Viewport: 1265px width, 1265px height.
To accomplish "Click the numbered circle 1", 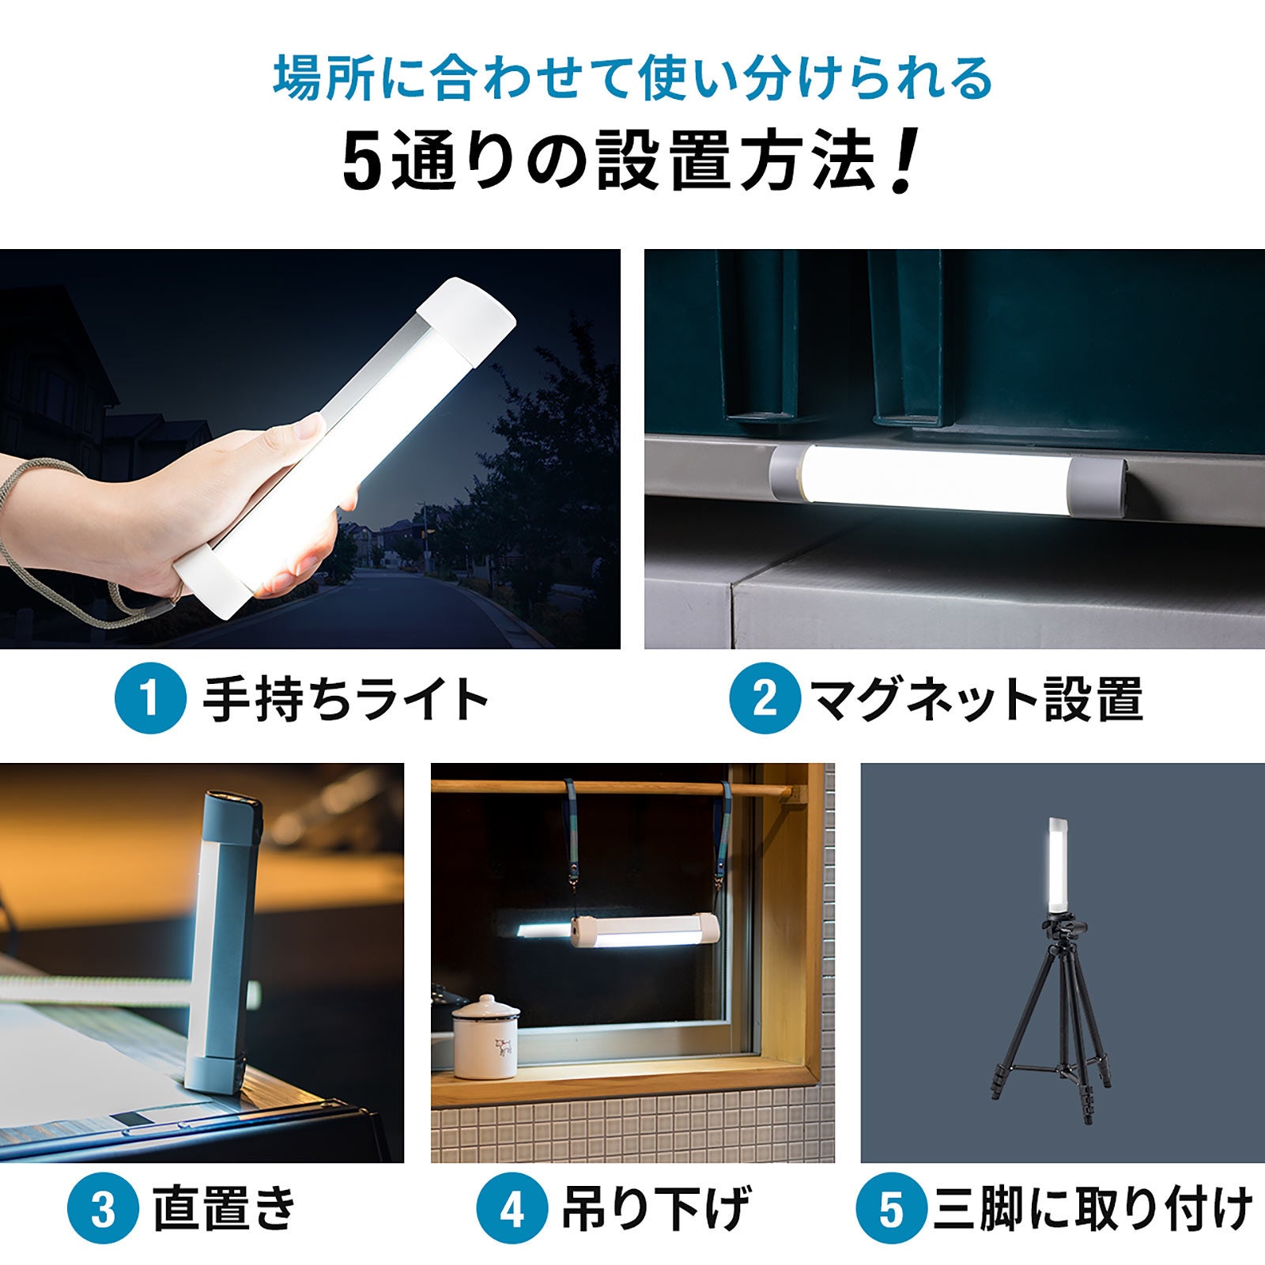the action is pyautogui.click(x=150, y=698).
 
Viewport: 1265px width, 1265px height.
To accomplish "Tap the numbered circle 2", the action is pyautogui.click(x=764, y=698).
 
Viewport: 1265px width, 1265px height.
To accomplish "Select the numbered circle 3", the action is pyautogui.click(x=102, y=1209).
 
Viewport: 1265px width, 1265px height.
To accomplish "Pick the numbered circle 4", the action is pyautogui.click(x=512, y=1209).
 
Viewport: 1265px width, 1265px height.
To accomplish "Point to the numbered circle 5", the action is pyautogui.click(x=891, y=1209).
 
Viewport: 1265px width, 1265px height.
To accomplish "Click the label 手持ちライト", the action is pyautogui.click(x=346, y=699).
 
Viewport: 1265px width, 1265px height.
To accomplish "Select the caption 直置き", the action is pyautogui.click(x=225, y=1209).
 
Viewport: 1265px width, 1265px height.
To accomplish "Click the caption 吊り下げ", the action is pyautogui.click(x=655, y=1209).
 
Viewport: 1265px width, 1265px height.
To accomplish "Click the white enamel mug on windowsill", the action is pyautogui.click(x=485, y=1037).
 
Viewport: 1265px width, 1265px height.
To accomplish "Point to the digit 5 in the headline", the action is pyautogui.click(x=363, y=161).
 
